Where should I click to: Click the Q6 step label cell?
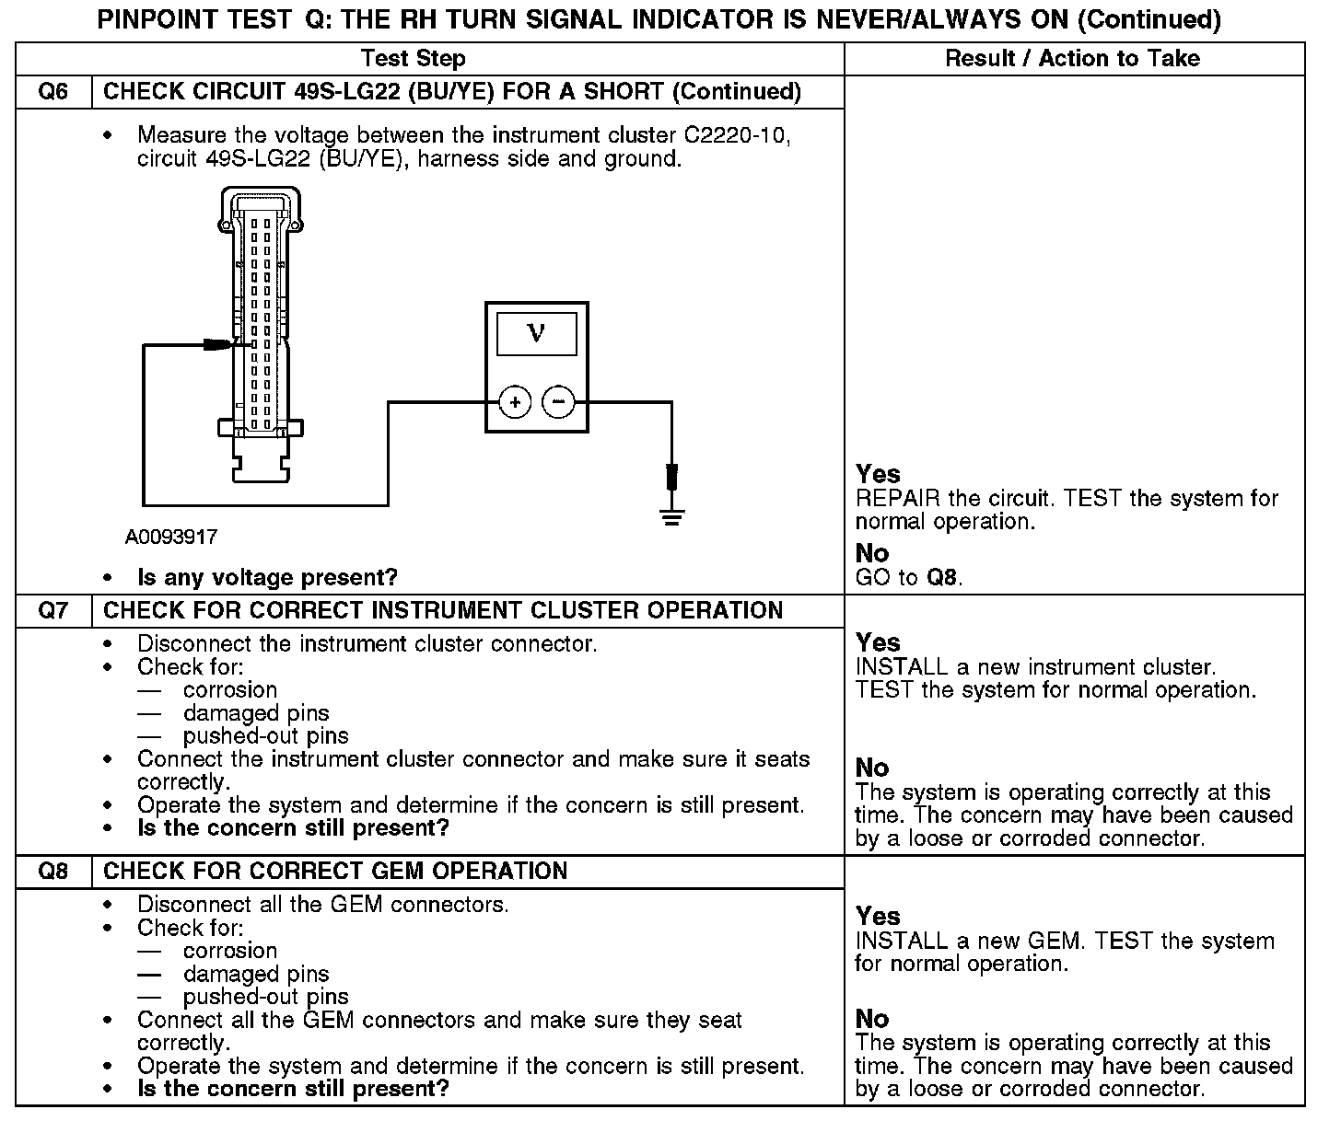coord(53,92)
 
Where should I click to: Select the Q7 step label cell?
coord(53,610)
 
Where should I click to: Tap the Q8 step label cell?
coord(53,871)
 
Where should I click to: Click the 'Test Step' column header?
coord(414,59)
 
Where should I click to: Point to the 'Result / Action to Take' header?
coord(1073,59)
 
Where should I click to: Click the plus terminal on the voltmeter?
coord(515,402)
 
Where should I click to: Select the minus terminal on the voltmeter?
coord(558,402)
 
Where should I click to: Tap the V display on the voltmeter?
coord(536,333)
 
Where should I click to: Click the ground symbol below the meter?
coord(672,519)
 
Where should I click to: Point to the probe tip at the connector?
coord(219,345)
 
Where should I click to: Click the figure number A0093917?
coord(171,537)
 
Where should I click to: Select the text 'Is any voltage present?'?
coord(267,578)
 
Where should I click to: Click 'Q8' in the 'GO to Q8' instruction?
coord(942,578)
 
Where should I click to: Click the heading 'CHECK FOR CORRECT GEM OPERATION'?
coord(335,871)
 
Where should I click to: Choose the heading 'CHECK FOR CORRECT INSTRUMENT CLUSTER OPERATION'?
coord(443,610)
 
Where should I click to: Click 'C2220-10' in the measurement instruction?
coord(737,135)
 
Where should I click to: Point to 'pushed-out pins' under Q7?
coord(266,736)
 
